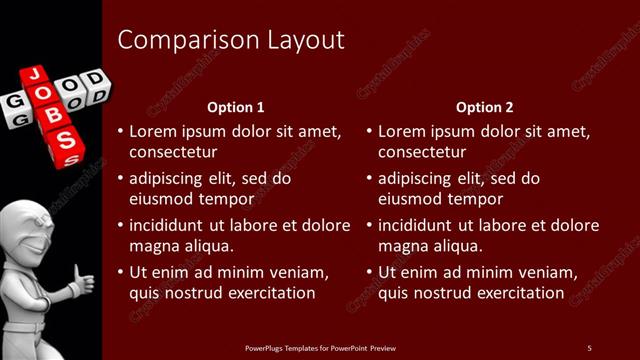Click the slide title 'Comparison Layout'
[231, 40]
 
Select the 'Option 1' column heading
[236, 107]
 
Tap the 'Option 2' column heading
[485, 107]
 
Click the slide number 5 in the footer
[589, 347]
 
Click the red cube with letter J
[32, 75]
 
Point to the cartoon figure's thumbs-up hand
[83, 283]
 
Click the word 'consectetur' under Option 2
[422, 152]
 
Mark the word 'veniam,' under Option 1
[299, 271]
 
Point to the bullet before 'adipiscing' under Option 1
[119, 178]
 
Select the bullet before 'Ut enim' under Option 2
[368, 271]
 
